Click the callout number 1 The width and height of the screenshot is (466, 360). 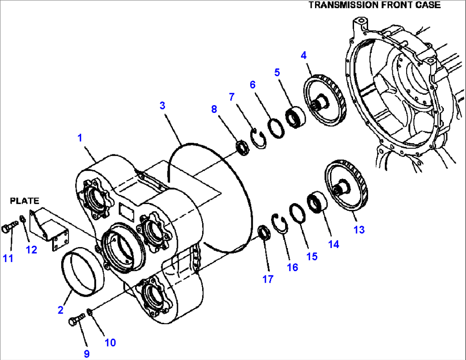(80, 138)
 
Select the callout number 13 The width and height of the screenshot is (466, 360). (359, 230)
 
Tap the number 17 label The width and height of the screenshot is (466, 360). (268, 279)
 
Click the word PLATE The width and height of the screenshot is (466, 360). (24, 200)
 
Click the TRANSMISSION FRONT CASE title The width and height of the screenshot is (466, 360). (374, 5)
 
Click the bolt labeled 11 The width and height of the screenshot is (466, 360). (9, 227)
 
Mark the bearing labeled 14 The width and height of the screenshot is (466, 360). (317, 203)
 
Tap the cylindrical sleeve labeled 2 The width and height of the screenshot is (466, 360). (83, 274)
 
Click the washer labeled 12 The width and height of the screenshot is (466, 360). (24, 220)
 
